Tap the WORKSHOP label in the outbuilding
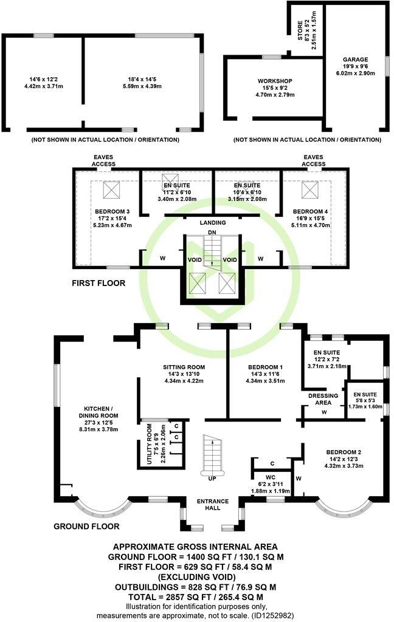coord(274,81)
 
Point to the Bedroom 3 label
coord(112,211)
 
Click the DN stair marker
coord(212,232)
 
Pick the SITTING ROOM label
coord(184,367)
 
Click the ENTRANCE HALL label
coord(212,505)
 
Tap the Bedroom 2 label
coord(344,453)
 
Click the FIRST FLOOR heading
coord(98,283)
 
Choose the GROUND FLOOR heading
coord(86,526)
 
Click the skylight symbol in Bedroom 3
coord(112,191)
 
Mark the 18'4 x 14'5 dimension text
coord(141,79)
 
